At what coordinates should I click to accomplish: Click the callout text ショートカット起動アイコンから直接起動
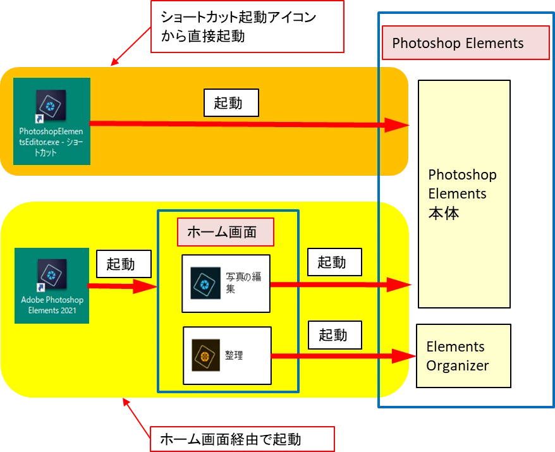point(247,27)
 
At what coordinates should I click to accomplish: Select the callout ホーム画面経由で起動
point(240,438)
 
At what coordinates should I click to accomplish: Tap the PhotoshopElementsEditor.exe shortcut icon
point(51,120)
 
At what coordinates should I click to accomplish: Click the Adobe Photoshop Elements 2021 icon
point(51,286)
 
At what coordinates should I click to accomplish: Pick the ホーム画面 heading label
point(226,233)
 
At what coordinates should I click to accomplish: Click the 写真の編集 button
point(226,283)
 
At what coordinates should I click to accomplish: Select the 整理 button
point(227,355)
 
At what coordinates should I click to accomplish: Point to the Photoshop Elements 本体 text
point(462,193)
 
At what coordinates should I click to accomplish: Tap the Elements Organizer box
point(463,356)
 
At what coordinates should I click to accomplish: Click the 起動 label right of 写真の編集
point(335,262)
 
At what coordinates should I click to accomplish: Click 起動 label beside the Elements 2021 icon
point(124,264)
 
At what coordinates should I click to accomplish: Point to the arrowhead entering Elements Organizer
point(405,357)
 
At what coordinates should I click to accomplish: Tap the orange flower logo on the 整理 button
point(205,356)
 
